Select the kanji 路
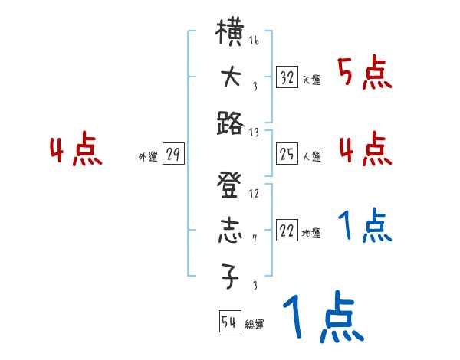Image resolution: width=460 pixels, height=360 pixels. pyautogui.click(x=230, y=123)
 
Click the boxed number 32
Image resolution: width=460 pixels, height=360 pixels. pyautogui.click(x=287, y=77)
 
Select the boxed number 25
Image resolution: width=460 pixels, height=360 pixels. pyautogui.click(x=287, y=155)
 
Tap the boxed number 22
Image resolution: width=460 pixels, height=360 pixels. pyautogui.click(x=287, y=231)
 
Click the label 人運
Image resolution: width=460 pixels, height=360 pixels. pyautogui.click(x=311, y=157)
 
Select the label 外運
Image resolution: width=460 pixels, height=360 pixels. pyautogui.click(x=148, y=157)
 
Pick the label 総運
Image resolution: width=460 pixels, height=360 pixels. pyautogui.click(x=255, y=325)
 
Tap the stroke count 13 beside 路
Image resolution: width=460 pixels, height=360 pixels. pyautogui.click(x=254, y=133)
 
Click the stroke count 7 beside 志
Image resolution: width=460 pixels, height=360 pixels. pyautogui.click(x=255, y=238)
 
